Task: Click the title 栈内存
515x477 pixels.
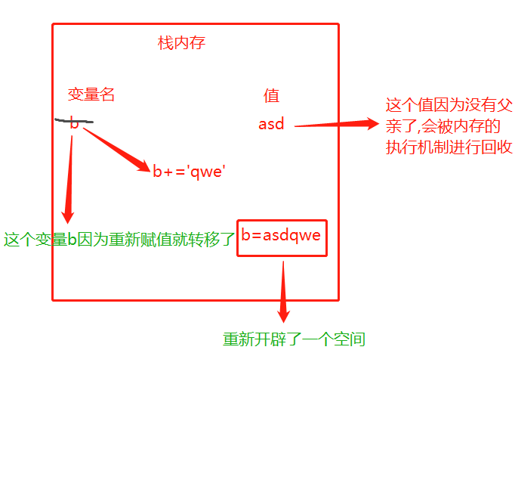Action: (x=181, y=43)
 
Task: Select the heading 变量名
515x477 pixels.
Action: (x=91, y=94)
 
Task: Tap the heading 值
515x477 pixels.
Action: (x=271, y=95)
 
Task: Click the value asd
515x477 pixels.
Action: (x=271, y=124)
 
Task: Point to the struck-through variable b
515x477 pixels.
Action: (x=74, y=124)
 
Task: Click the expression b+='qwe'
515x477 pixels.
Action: (x=190, y=172)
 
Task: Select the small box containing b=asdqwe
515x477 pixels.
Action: (x=282, y=237)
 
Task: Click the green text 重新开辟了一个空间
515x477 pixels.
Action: (x=294, y=339)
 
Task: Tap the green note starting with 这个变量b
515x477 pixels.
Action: (x=119, y=240)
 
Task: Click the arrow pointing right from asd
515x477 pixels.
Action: (x=336, y=125)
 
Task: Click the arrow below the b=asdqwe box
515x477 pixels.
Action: (x=283, y=291)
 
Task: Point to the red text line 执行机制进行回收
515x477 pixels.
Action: (x=449, y=147)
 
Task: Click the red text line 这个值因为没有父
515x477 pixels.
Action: (x=449, y=105)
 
